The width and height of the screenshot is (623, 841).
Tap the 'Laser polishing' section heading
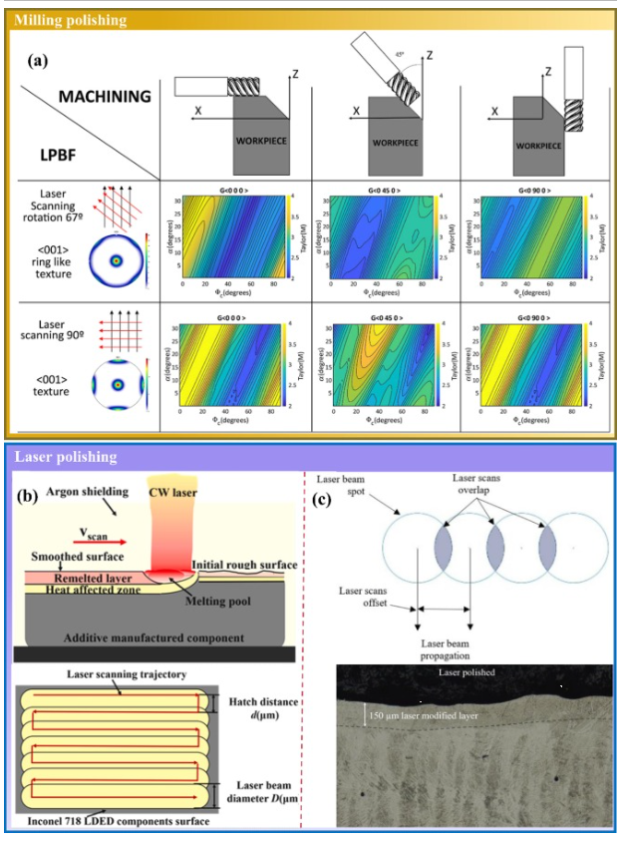[x=65, y=457]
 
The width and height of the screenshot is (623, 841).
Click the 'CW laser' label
[x=183, y=490]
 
